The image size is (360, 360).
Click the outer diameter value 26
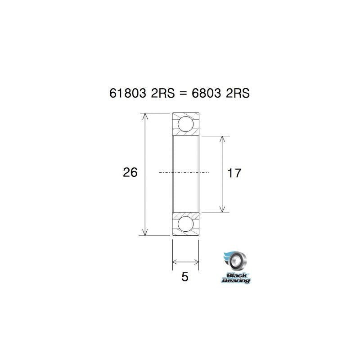(130, 172)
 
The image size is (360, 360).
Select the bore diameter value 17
(235, 173)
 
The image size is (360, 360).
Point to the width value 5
(184, 277)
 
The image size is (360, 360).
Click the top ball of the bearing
(186, 124)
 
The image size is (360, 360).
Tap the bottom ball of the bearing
(186, 224)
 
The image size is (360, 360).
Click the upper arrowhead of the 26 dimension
(144, 116)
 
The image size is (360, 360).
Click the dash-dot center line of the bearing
(184, 172)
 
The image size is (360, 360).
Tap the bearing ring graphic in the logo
(237, 261)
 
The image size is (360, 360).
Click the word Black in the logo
(234, 274)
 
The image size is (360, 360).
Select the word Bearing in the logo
(236, 280)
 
